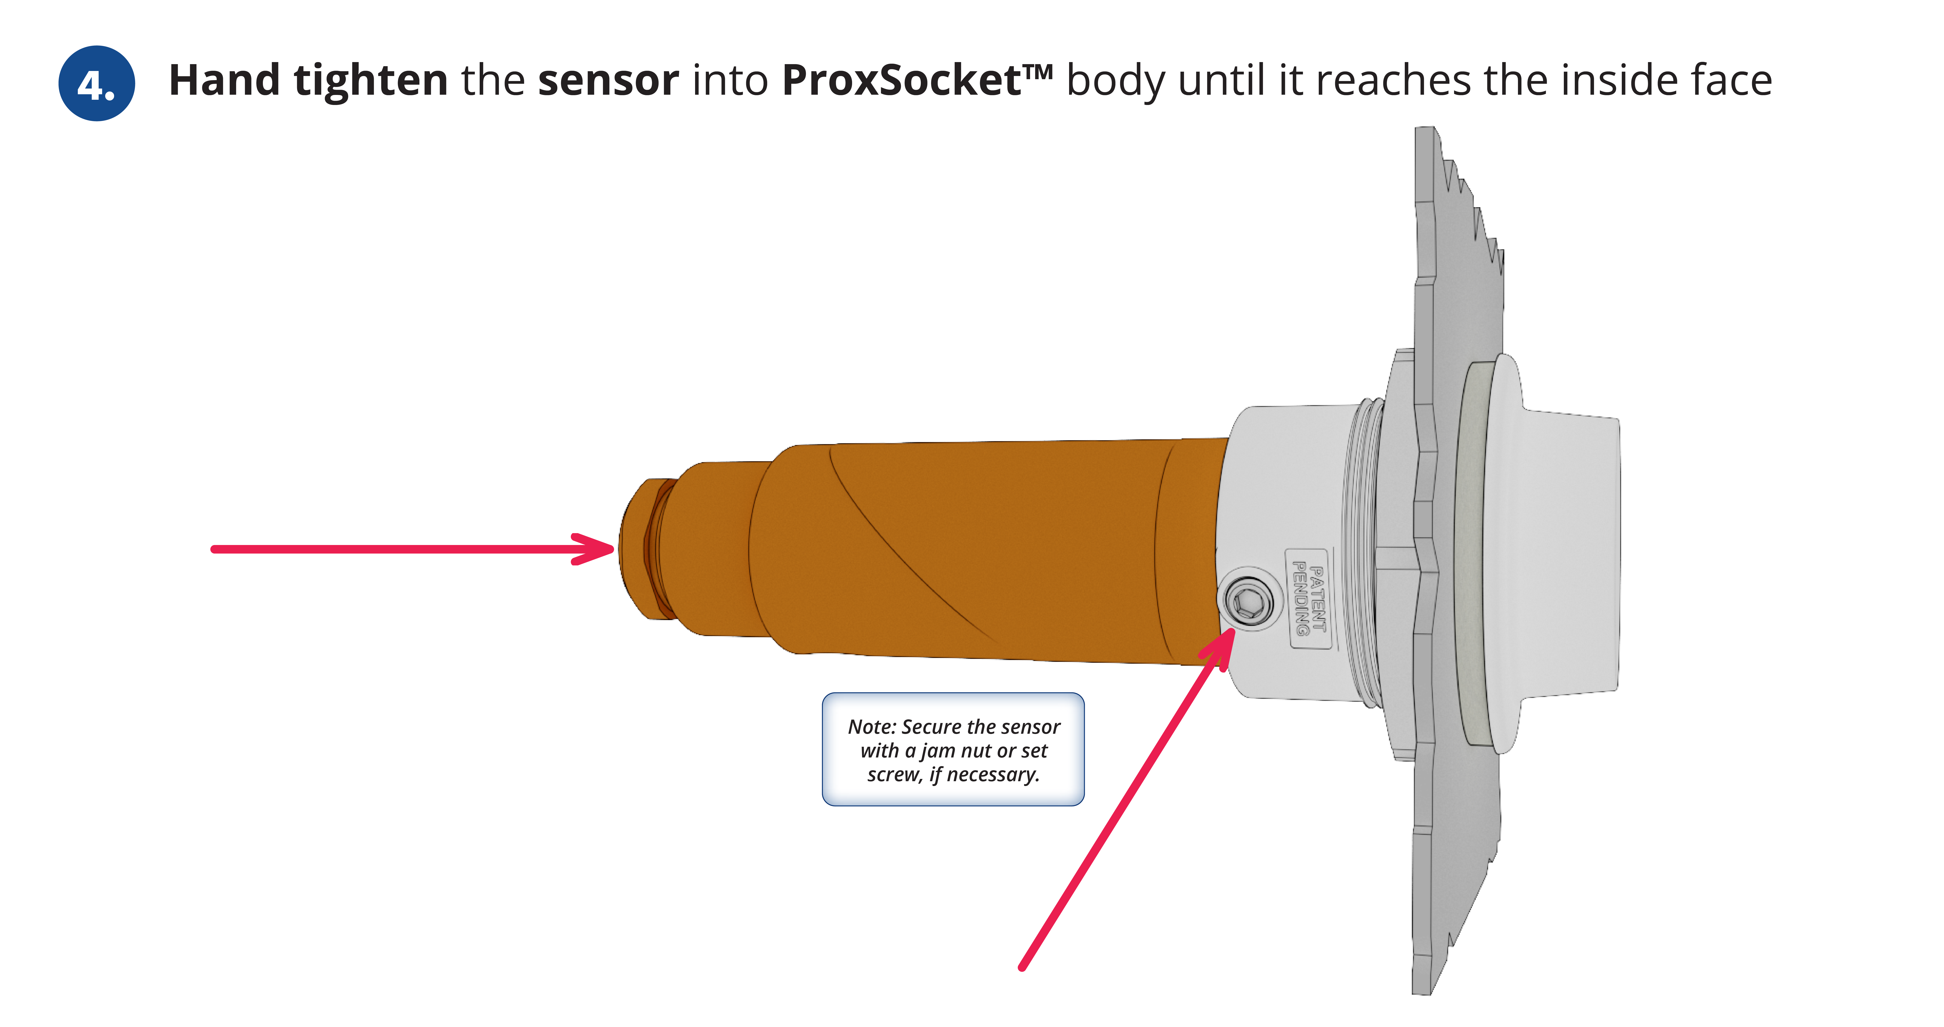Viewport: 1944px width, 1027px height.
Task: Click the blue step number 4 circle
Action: coord(97,83)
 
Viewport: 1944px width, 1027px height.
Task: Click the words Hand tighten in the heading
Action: coord(308,80)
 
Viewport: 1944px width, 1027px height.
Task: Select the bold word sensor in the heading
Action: coord(608,80)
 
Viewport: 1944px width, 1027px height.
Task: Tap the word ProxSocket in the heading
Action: coord(902,80)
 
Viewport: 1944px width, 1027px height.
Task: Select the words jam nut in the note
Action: coord(956,751)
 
